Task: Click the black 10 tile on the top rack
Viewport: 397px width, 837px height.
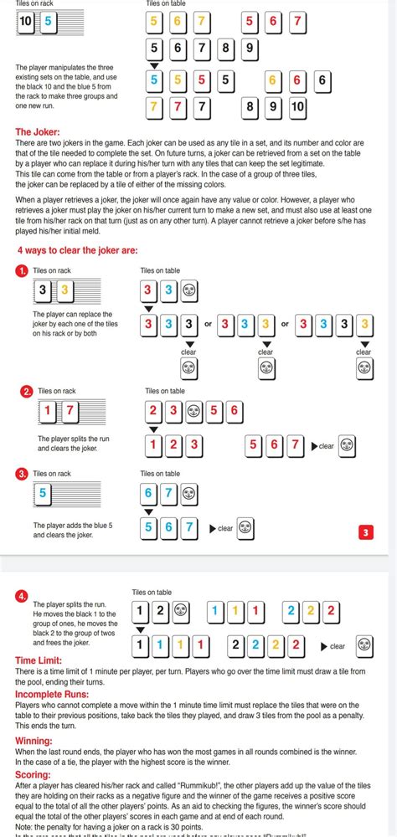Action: (x=27, y=23)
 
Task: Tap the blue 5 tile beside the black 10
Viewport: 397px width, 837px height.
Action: (x=48, y=23)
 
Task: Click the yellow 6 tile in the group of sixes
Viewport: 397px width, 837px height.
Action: (x=271, y=81)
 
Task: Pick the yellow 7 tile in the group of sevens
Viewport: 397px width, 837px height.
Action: (x=153, y=107)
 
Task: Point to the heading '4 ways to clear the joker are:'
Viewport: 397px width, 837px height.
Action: (x=77, y=250)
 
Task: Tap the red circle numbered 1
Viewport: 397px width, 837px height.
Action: (x=23, y=271)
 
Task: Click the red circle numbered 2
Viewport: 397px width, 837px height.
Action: (x=27, y=391)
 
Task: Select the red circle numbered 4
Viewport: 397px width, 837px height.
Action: (x=22, y=596)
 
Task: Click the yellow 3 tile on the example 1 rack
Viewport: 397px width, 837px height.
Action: (x=64, y=291)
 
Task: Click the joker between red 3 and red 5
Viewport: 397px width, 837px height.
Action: (x=194, y=410)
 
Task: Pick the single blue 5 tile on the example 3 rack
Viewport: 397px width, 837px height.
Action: (x=42, y=494)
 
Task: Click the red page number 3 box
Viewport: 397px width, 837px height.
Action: (x=365, y=532)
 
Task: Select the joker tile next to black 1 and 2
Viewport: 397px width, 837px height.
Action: (x=180, y=612)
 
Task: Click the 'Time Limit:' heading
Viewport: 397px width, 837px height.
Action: (x=39, y=660)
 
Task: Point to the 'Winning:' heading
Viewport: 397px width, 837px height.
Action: (x=34, y=741)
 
